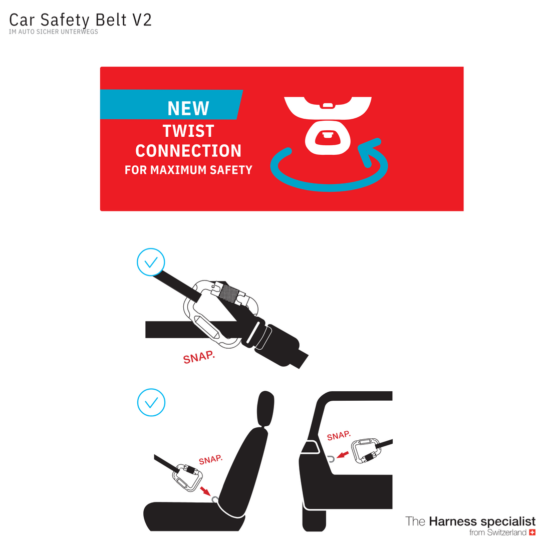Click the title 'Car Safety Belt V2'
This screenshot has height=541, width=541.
(x=80, y=20)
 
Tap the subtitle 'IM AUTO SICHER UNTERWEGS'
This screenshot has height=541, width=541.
(x=54, y=32)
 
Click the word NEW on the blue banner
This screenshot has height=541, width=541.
(x=188, y=108)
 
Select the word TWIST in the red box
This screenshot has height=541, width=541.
(x=188, y=131)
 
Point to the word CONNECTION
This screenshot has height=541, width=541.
(x=188, y=151)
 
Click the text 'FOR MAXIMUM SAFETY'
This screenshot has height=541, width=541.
(x=188, y=170)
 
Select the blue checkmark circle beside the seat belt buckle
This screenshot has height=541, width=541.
(x=151, y=262)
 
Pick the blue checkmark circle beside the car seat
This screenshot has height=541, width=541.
(x=151, y=402)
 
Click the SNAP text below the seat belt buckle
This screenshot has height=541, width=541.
(x=199, y=357)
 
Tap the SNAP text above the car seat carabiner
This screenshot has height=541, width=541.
(x=210, y=459)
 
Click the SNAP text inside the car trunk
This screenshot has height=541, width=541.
(x=339, y=435)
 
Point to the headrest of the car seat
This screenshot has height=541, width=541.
(x=265, y=409)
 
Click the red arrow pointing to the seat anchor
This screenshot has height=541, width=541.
(x=205, y=490)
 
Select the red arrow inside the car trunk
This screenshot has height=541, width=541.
(x=343, y=455)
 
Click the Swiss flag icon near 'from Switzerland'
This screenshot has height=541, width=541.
(x=532, y=532)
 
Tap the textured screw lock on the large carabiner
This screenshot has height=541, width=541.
(x=228, y=293)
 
